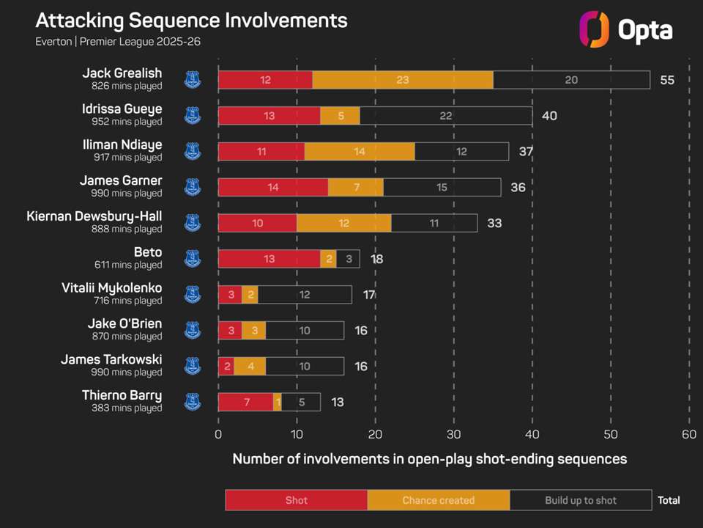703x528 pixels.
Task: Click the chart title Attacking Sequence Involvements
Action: tap(191, 20)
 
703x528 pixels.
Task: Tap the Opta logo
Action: tap(625, 29)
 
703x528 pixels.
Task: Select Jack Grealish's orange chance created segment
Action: tap(403, 80)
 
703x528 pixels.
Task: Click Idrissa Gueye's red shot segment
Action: tap(269, 116)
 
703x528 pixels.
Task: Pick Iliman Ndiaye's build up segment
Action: tap(461, 152)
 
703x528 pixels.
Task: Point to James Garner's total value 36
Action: tap(518, 188)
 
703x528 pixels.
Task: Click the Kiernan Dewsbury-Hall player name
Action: tap(94, 216)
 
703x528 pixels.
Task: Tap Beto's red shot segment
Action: tap(269, 259)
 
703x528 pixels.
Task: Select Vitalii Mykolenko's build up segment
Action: tap(305, 295)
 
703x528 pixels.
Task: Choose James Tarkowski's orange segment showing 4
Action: tap(250, 366)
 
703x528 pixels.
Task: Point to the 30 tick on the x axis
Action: tap(453, 434)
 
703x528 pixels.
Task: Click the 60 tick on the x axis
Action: tap(688, 434)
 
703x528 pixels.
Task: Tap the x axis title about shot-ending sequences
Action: tap(430, 459)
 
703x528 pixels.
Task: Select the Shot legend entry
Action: tap(296, 500)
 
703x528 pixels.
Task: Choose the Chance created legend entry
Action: tap(439, 500)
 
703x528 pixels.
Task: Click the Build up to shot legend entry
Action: tap(581, 500)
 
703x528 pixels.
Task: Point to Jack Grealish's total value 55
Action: tap(667, 80)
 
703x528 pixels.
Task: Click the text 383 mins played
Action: tap(127, 408)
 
